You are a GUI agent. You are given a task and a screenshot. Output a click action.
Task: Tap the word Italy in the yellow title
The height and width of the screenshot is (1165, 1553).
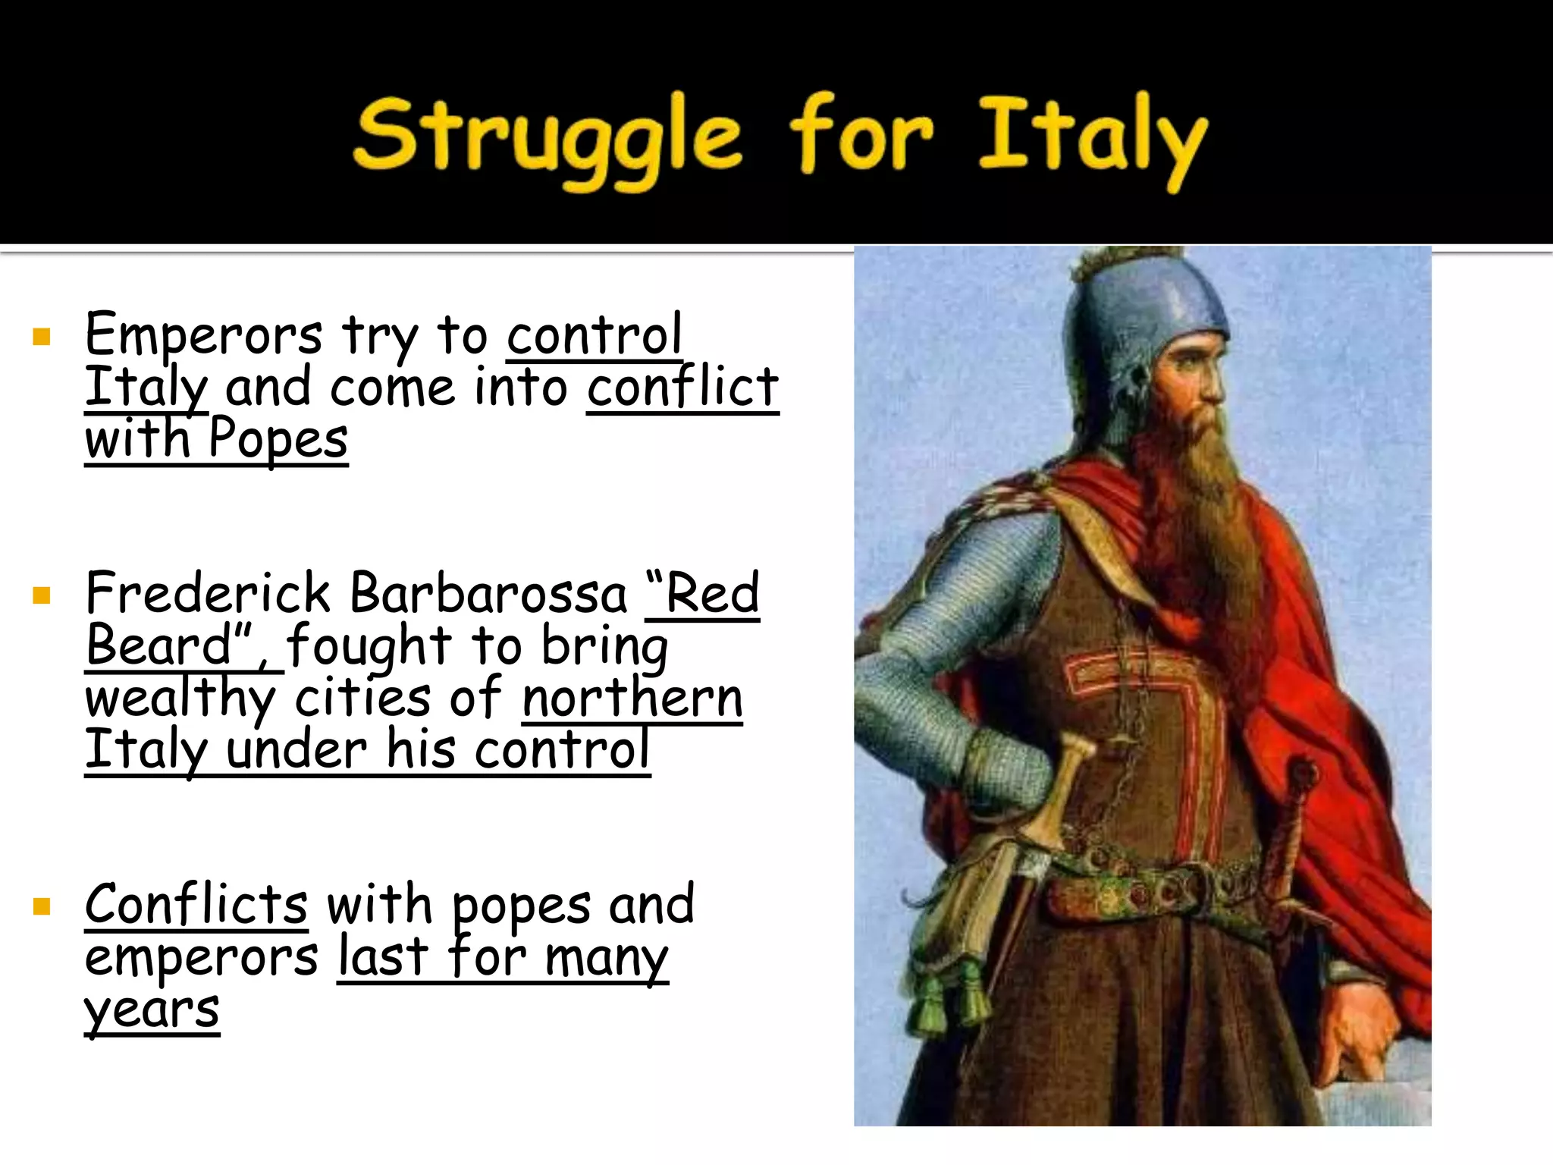point(1092,140)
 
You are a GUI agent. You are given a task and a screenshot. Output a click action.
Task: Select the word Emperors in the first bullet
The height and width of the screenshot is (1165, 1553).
point(203,334)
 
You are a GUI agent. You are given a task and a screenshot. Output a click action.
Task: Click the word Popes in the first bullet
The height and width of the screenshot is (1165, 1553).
point(278,439)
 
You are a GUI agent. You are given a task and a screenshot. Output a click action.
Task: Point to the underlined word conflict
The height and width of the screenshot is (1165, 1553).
point(682,388)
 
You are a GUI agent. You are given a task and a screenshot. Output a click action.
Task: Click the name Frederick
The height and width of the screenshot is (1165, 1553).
point(208,593)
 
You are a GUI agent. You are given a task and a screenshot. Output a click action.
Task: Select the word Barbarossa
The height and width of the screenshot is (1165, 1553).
point(490,593)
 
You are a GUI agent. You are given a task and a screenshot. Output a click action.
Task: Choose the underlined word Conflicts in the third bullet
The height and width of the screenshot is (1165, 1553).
point(196,904)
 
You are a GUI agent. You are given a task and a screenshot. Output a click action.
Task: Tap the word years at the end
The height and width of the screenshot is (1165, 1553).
point(152,1010)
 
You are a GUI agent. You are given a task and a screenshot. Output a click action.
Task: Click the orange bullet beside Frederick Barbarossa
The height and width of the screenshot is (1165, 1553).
point(42,595)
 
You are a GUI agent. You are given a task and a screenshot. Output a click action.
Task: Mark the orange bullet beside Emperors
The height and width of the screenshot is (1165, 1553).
point(42,337)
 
